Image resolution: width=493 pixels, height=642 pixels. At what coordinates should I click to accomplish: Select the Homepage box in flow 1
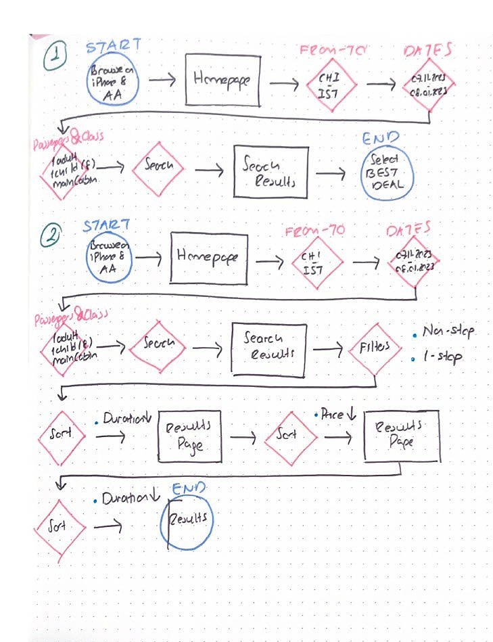pyautogui.click(x=222, y=79)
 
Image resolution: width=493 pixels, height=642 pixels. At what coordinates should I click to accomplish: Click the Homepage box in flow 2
pyautogui.click(x=208, y=257)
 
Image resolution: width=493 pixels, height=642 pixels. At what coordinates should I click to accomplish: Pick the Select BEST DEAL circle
pyautogui.click(x=385, y=174)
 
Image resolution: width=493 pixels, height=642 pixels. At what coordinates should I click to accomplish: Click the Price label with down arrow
pyautogui.click(x=335, y=414)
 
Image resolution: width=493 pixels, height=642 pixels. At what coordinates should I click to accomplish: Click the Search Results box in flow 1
pyautogui.click(x=275, y=172)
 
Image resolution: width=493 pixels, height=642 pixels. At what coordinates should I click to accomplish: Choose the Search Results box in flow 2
pyautogui.click(x=268, y=348)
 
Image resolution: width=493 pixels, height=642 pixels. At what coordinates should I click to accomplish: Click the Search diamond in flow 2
pyautogui.click(x=157, y=344)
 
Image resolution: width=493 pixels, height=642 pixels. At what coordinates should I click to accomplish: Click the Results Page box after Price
pyautogui.click(x=400, y=435)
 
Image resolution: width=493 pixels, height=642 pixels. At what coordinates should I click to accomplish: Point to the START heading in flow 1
pyautogui.click(x=113, y=46)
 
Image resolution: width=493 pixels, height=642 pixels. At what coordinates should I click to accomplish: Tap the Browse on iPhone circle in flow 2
pyautogui.click(x=110, y=258)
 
